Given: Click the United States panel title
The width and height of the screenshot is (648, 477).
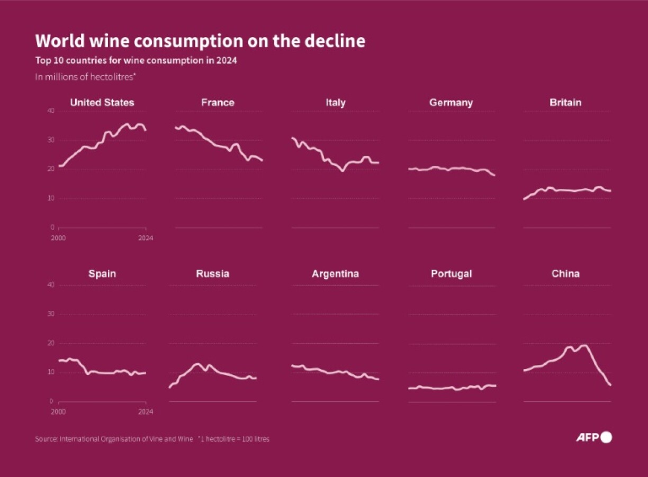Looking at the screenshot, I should [x=102, y=103].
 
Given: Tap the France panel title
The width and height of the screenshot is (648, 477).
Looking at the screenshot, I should [x=218, y=103].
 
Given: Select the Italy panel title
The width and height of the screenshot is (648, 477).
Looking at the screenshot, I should [x=336, y=103].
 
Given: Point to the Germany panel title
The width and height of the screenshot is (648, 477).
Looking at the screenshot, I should [x=451, y=103].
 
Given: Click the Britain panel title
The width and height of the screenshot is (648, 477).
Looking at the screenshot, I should [x=565, y=103].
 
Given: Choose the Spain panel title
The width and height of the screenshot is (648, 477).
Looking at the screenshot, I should [x=102, y=274].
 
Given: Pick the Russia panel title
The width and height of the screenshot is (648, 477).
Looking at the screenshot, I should [x=212, y=274].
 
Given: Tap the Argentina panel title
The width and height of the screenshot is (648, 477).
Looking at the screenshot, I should [x=335, y=274].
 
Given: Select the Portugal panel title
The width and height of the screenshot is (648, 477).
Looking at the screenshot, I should [x=451, y=274].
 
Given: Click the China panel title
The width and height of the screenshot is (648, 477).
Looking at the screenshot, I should [x=565, y=274].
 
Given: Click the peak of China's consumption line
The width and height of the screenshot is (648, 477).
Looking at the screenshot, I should [x=584, y=345].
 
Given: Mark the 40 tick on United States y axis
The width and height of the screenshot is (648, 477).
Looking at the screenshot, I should [x=51, y=111].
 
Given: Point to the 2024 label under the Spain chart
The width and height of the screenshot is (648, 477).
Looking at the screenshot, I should [x=146, y=411].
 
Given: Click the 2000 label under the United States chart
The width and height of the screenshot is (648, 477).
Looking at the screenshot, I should [x=58, y=238].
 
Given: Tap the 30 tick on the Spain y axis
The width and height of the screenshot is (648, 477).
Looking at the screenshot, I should [x=51, y=314].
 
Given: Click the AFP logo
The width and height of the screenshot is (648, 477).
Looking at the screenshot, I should [x=593, y=437].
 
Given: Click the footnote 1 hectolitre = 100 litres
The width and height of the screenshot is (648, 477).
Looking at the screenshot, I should [x=233, y=439].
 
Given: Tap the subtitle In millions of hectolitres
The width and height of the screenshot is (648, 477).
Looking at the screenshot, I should [x=86, y=77].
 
